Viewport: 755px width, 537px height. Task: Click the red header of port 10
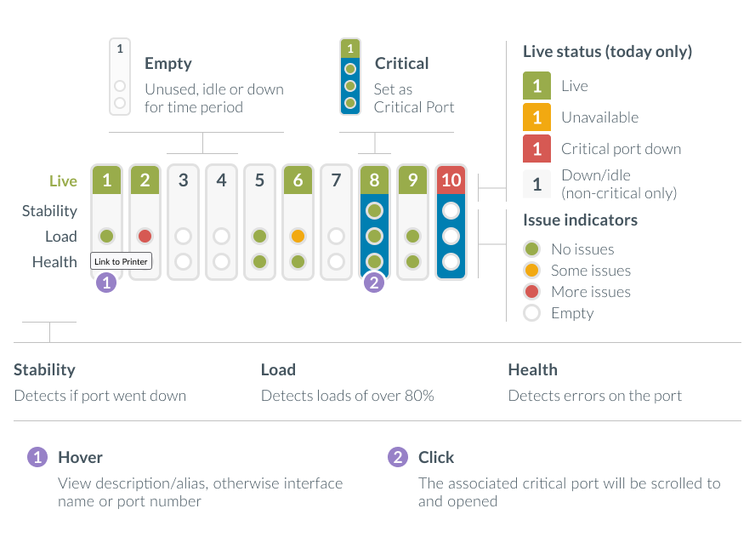click(x=451, y=180)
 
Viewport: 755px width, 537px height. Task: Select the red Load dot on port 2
click(x=145, y=236)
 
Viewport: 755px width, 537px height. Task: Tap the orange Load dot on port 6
click(x=298, y=236)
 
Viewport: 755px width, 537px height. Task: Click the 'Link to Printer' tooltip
click(x=121, y=261)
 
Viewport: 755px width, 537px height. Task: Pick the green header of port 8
click(x=374, y=180)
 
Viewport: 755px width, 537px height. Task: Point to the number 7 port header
click(x=336, y=180)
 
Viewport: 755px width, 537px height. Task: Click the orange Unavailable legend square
click(x=536, y=117)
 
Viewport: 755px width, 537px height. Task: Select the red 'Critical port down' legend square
click(x=536, y=149)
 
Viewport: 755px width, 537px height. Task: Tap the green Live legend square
click(x=536, y=86)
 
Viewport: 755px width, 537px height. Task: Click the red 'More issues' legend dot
click(x=532, y=292)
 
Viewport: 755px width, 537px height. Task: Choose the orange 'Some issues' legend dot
click(x=532, y=271)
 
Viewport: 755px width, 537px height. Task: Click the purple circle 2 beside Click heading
click(x=397, y=457)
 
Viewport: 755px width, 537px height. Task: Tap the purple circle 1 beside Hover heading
click(x=37, y=457)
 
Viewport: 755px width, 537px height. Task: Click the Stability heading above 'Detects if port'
click(x=44, y=370)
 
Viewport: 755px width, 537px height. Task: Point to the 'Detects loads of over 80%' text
click(x=347, y=396)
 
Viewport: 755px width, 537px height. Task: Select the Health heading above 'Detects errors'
click(x=532, y=370)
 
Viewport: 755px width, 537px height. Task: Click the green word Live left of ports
click(x=63, y=181)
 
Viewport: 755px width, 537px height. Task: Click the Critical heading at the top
click(x=401, y=64)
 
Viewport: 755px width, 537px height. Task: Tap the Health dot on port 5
click(x=259, y=261)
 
